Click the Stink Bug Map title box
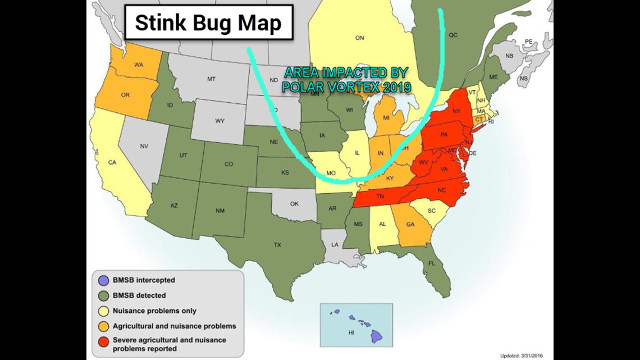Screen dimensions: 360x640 (208, 24)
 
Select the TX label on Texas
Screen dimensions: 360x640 (277, 245)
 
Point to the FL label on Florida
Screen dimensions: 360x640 (432, 263)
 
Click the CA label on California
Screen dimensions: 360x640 (112, 163)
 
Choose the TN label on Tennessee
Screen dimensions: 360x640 (380, 196)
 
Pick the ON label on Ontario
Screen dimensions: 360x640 (360, 38)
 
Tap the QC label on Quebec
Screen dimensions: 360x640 (453, 35)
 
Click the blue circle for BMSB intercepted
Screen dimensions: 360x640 (104, 280)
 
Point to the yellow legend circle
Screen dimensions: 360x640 (104, 311)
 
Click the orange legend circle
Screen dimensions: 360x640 (104, 326)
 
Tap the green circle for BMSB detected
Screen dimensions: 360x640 (104, 295)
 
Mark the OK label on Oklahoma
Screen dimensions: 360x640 (294, 204)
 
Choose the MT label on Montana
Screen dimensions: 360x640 (211, 79)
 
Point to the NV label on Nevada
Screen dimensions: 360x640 (144, 146)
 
